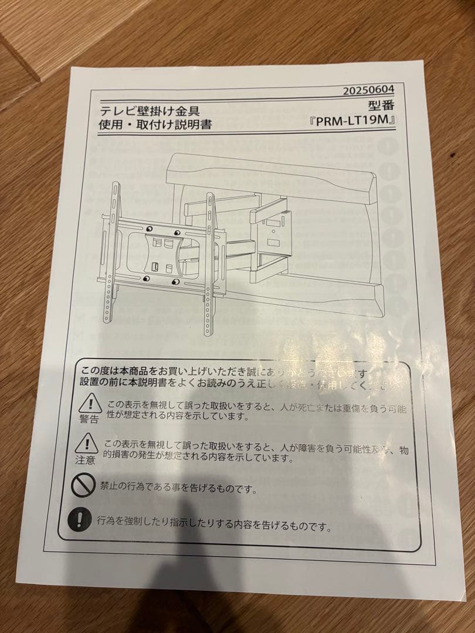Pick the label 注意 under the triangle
tap(84, 460)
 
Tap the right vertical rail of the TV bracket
tap(210, 264)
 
